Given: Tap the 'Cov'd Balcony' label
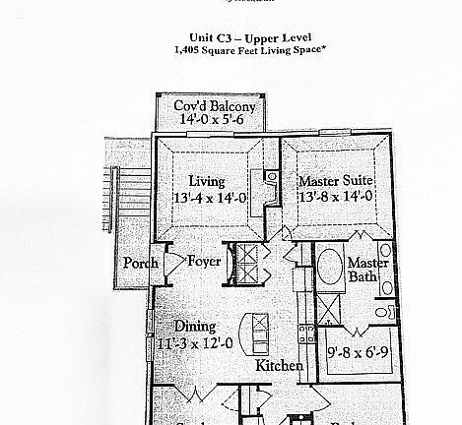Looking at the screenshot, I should (215, 105).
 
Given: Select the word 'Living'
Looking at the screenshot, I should (207, 181).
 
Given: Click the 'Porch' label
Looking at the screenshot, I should (140, 264).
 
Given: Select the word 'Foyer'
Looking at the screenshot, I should (204, 263).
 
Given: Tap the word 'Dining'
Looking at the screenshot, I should (195, 328).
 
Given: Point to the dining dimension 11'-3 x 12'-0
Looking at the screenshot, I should (195, 343).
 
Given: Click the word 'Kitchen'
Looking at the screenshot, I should (279, 366).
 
